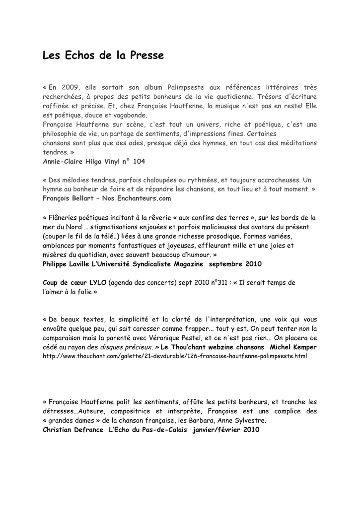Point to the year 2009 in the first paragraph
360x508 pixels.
pyautogui.click(x=71, y=87)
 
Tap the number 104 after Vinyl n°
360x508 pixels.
pyautogui.click(x=139, y=162)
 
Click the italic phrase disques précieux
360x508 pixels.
pyautogui.click(x=126, y=347)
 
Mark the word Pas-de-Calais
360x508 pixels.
pyautogui.click(x=164, y=430)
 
